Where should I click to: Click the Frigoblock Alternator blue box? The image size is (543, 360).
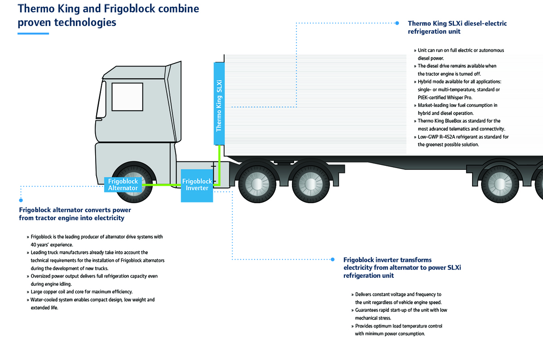[123, 185]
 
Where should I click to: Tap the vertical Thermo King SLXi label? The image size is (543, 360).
[219, 103]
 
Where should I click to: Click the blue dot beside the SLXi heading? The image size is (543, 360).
[397, 23]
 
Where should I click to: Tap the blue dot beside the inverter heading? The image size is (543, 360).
[333, 259]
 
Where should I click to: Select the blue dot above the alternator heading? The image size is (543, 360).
[21, 200]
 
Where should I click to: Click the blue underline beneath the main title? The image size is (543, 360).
[33, 33]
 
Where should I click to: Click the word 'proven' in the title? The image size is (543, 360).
[35, 22]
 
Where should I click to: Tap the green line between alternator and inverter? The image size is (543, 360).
[162, 185]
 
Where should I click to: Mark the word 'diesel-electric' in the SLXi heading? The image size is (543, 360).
[485, 23]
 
